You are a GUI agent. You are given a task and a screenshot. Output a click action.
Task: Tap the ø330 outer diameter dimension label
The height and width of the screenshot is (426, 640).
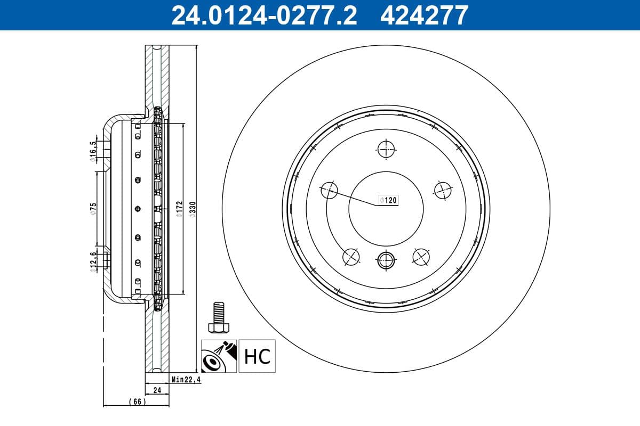point(193,209)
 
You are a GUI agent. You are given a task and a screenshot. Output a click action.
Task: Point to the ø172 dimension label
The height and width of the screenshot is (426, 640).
point(179,209)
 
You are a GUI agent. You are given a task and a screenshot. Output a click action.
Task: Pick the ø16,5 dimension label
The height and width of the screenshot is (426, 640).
point(93,151)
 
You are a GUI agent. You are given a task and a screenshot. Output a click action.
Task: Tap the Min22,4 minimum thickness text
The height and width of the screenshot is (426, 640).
point(185,380)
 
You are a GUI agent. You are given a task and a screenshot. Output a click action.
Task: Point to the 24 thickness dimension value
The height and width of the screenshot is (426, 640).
point(157,390)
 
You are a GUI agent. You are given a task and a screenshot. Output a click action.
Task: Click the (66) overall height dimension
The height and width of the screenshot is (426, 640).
point(137,402)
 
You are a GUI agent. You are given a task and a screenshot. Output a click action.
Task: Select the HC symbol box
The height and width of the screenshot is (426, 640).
point(257,356)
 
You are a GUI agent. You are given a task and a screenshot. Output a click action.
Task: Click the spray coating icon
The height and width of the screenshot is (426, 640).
point(219,356)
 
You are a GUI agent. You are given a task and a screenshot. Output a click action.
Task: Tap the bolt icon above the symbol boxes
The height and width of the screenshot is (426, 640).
point(218,318)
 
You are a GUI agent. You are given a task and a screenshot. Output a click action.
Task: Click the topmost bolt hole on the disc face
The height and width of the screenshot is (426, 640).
point(386,150)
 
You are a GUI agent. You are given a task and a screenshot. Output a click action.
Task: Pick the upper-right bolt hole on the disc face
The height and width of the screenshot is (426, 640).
point(443,190)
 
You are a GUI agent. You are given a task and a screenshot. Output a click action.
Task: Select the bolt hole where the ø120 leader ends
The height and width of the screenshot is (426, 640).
point(329,190)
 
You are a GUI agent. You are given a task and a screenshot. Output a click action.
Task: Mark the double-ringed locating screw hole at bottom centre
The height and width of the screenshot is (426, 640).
point(386,260)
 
